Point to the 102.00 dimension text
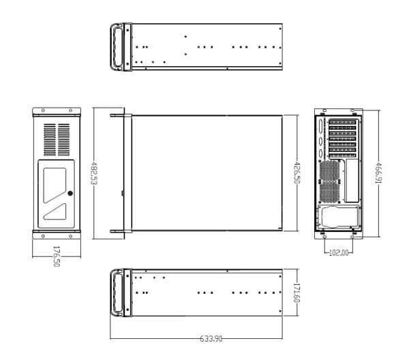point(338,252)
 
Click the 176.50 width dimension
point(57,257)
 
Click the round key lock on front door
point(71,192)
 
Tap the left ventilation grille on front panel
point(50,139)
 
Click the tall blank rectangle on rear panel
point(352,181)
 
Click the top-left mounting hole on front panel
point(42,110)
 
